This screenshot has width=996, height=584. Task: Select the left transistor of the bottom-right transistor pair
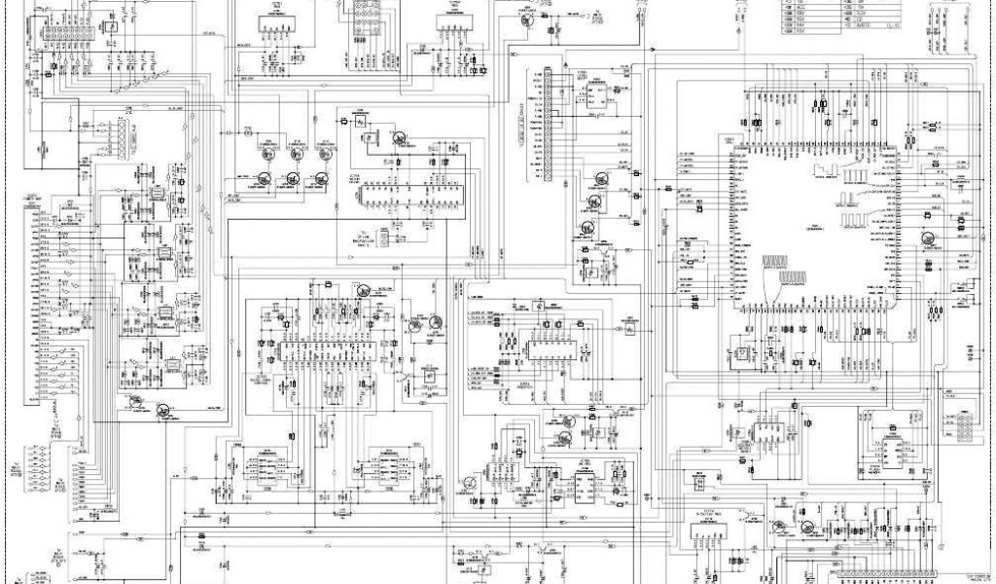tap(778, 526)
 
